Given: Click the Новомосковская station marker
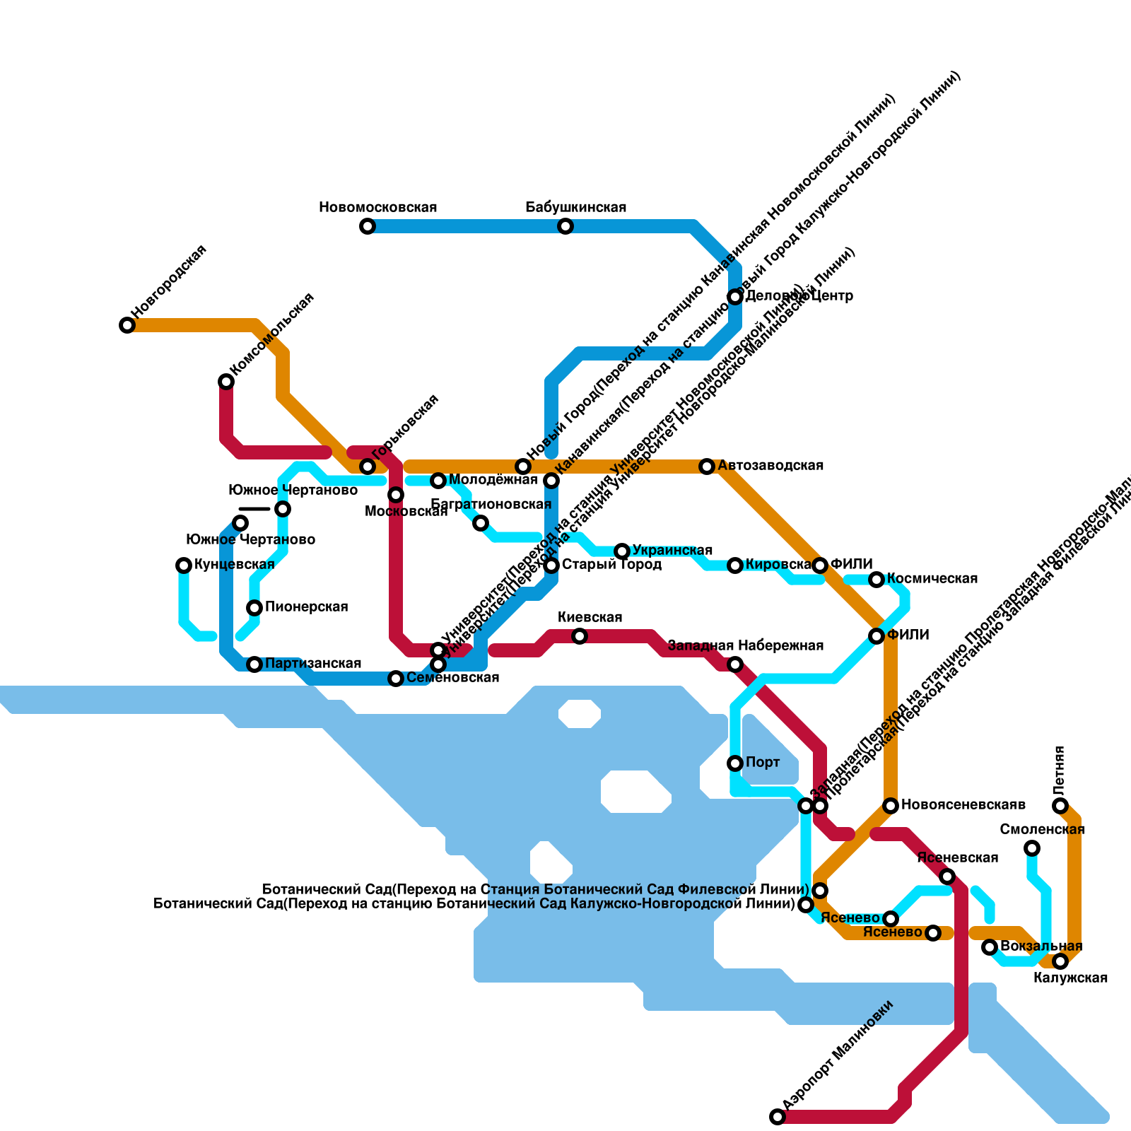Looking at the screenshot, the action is (368, 226).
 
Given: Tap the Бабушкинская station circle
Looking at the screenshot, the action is (565, 226).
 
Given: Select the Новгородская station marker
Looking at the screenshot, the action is (127, 325).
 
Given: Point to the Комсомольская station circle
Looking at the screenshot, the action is (226, 382).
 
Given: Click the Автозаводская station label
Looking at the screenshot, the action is (770, 466).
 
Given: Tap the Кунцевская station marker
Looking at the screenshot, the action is (184, 565).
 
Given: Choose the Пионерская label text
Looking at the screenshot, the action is (306, 607).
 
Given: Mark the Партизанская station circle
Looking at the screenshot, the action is (254, 664).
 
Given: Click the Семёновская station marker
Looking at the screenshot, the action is (396, 679).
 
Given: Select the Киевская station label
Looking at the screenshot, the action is (590, 618).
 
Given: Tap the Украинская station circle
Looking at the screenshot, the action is (622, 551).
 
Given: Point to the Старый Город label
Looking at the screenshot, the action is (611, 565).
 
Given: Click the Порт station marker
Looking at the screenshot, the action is (735, 763).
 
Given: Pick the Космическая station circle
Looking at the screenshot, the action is (877, 580).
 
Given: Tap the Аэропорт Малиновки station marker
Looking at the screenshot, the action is (778, 1117).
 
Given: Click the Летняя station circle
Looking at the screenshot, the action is (1060, 806).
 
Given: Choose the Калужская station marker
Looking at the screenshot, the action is (1060, 961).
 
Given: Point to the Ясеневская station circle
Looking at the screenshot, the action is (947, 877).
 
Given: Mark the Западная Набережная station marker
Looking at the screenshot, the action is (735, 664).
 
